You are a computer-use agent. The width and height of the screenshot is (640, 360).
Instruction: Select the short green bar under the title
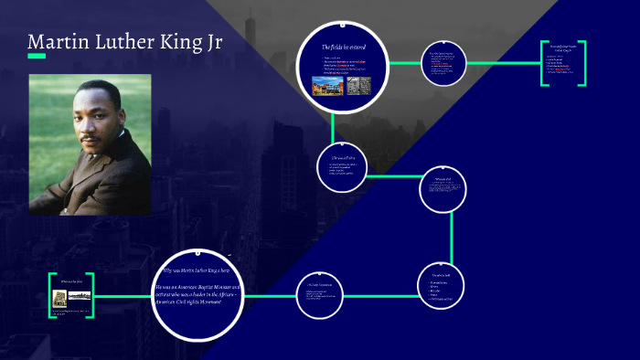pyautogui.click(x=37, y=57)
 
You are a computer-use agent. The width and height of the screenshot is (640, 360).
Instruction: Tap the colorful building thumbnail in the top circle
pyautogui.click(x=328, y=85)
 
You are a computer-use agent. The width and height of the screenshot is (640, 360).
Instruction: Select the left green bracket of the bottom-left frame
pyautogui.click(x=51, y=295)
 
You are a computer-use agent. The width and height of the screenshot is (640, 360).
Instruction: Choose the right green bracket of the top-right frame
pyautogui.click(x=582, y=64)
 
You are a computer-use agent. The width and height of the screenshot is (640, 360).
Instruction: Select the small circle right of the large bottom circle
pyautogui.click(x=319, y=295)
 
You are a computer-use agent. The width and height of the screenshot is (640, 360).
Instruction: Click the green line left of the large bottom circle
pyautogui.click(x=123, y=295)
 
